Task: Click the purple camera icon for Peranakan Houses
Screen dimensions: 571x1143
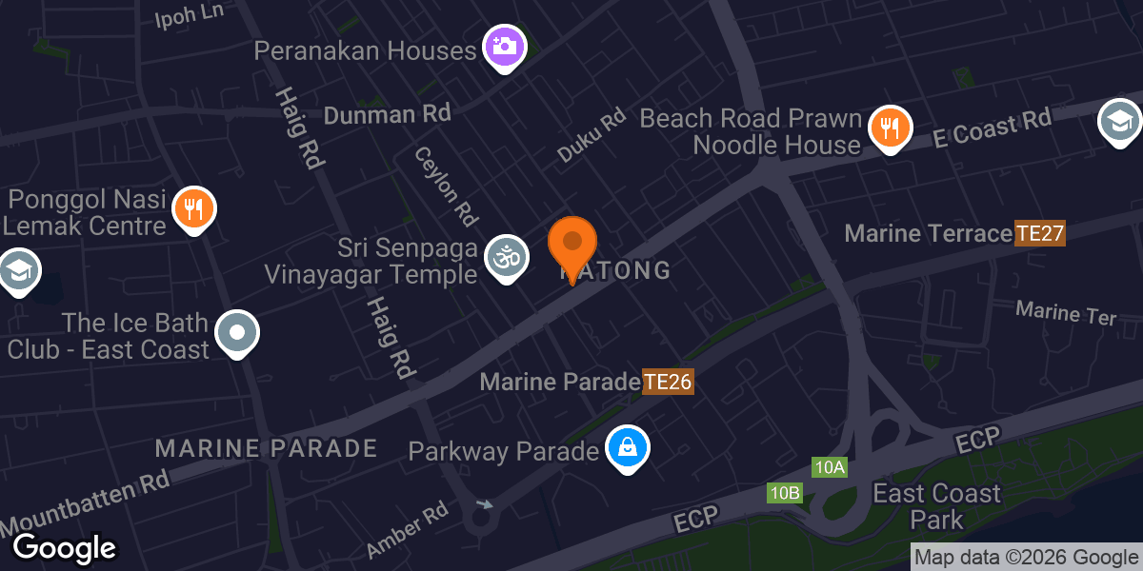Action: click(x=505, y=45)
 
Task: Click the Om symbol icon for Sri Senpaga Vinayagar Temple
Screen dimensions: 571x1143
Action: click(x=506, y=257)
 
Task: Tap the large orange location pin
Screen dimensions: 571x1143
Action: click(x=572, y=246)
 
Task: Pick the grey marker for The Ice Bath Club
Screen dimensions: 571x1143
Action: click(x=237, y=333)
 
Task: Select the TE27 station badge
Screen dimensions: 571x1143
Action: click(x=1039, y=233)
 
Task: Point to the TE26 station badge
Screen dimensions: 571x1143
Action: click(x=668, y=383)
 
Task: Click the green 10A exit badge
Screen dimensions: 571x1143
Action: click(x=829, y=466)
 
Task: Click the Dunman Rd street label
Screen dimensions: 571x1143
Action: click(x=387, y=115)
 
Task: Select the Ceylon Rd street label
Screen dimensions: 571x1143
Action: click(x=445, y=186)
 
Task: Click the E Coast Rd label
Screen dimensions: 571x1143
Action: click(x=992, y=128)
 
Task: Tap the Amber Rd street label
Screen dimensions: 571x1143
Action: click(x=406, y=530)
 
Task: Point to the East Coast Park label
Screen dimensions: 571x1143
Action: click(x=937, y=506)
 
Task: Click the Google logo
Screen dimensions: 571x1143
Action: click(x=64, y=547)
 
